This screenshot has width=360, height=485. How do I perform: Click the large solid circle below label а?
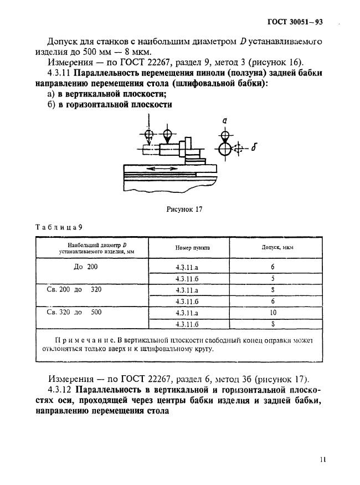point(224,149)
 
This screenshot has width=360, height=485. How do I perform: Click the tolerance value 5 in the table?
point(273,279)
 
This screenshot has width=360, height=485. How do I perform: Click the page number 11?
point(323,459)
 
